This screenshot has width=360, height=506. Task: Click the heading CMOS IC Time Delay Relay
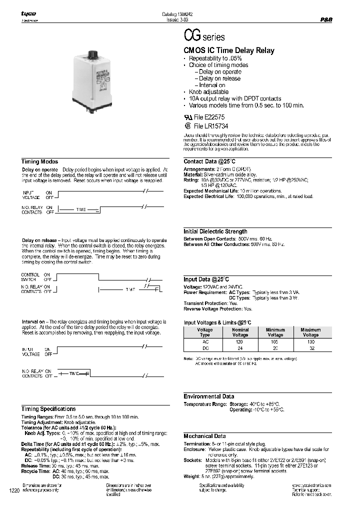(229, 51)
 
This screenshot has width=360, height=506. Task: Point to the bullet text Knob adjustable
(208, 92)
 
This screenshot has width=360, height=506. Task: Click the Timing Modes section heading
(39, 162)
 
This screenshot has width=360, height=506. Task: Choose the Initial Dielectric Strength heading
(215, 231)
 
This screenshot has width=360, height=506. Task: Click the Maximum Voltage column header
(310, 332)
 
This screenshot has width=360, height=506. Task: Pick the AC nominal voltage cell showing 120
(240, 341)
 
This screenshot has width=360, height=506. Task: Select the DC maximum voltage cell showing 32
(310, 348)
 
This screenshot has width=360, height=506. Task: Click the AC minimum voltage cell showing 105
(275, 341)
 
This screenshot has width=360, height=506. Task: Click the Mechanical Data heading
(204, 436)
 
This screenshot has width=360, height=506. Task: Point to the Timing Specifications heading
(48, 409)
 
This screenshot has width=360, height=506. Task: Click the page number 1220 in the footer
(14, 491)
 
